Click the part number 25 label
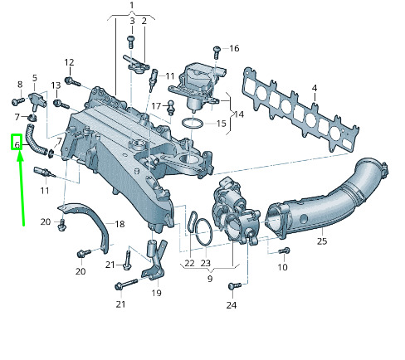[x=322, y=241]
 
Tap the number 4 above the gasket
[x=315, y=89]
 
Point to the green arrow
[x=21, y=189]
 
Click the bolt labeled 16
[x=217, y=52]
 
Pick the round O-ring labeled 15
[x=192, y=123]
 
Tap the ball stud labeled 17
[x=171, y=108]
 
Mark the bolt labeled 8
[x=18, y=101]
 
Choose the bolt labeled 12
[x=72, y=81]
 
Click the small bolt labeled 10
[x=284, y=251]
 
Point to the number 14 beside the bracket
[x=239, y=114]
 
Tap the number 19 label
[x=156, y=293]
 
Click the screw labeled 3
[x=131, y=42]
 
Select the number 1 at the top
[x=132, y=5]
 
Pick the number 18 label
[x=120, y=224]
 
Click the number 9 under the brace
[x=210, y=278]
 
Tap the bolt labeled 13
[x=61, y=105]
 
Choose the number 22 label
[x=189, y=263]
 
